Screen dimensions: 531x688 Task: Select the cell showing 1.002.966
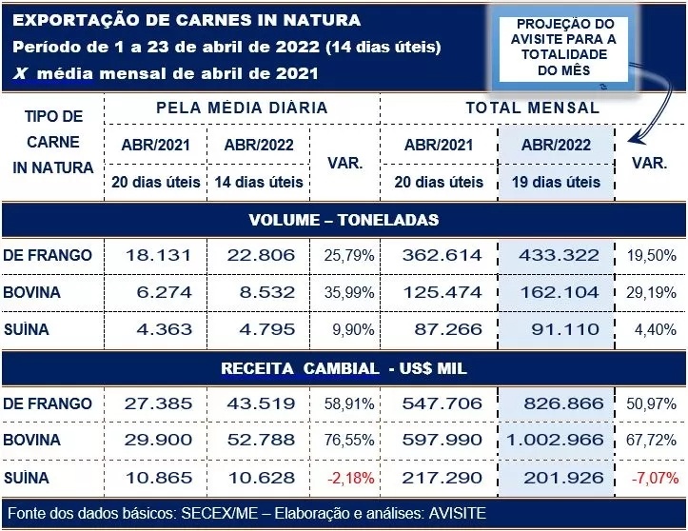(558, 440)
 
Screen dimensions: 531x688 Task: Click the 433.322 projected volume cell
(558, 255)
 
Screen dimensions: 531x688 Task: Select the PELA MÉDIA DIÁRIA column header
(241, 108)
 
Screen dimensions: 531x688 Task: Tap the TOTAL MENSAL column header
(532, 108)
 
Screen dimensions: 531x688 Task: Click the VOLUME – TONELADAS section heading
(344, 220)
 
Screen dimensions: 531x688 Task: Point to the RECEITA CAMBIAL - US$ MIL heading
(344, 367)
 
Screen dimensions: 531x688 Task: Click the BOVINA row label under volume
(32, 292)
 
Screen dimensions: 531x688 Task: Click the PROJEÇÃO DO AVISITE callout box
(565, 48)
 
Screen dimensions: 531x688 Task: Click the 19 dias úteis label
(558, 182)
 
